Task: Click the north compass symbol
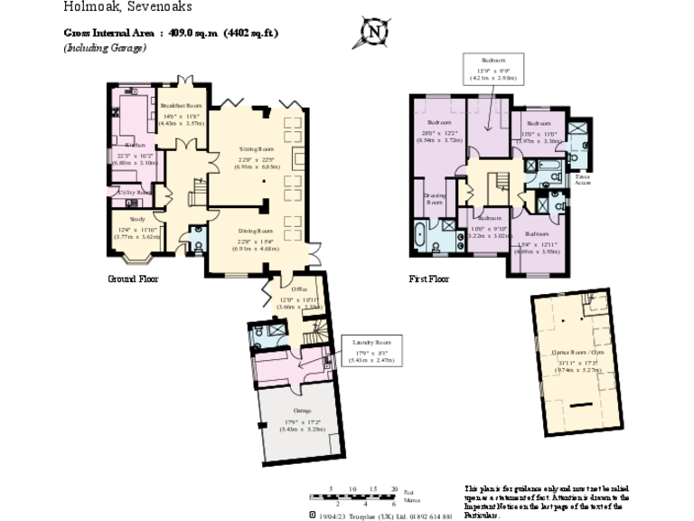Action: click(373, 33)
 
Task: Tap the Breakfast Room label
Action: click(182, 106)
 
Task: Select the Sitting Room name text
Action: click(256, 148)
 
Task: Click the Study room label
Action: click(137, 219)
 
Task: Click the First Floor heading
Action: click(428, 279)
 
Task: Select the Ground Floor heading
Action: click(133, 279)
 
